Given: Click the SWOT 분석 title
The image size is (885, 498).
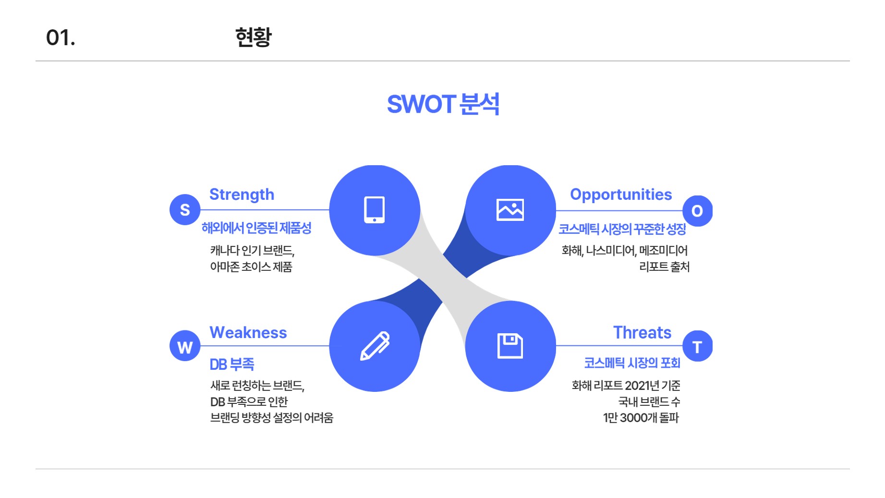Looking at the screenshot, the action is tap(443, 104).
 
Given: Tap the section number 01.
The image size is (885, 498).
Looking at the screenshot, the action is tap(61, 37).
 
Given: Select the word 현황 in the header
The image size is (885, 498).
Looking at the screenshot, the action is tap(254, 37).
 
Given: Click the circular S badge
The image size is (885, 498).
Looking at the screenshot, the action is tap(185, 209).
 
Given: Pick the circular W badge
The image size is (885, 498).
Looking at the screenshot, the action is tap(185, 346).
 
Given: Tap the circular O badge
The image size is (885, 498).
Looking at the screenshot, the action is tap(697, 211).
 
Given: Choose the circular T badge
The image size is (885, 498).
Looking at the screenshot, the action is tap(697, 346).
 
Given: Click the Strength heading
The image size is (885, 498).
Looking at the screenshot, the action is tap(242, 194).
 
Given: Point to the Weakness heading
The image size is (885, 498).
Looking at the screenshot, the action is tap(248, 332).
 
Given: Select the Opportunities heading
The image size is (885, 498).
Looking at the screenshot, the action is tap(621, 194).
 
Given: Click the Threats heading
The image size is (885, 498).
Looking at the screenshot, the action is tap(643, 332).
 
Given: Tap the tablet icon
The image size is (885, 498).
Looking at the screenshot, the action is tap(375, 210).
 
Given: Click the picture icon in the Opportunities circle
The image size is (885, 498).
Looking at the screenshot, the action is tap(510, 210).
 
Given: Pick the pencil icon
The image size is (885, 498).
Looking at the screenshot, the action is tap(375, 346).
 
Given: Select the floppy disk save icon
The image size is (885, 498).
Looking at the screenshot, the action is tap(510, 346).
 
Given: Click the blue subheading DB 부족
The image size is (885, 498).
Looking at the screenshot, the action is tap(232, 364).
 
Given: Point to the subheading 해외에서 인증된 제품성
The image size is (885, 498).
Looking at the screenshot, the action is tap(256, 228).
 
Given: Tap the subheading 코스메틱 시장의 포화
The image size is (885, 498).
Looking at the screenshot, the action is tap(632, 363).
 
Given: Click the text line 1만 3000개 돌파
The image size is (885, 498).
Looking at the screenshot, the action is tap(641, 418).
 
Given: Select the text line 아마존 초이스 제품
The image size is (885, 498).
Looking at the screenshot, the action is tap(251, 267).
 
